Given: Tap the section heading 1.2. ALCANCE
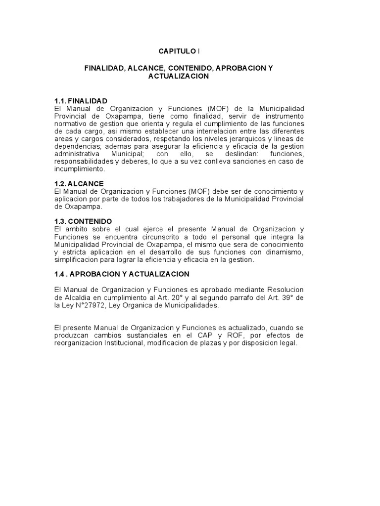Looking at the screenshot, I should tap(79, 184).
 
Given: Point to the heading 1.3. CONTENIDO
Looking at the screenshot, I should tap(83, 221).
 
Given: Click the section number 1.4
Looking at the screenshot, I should tap(60, 274).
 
